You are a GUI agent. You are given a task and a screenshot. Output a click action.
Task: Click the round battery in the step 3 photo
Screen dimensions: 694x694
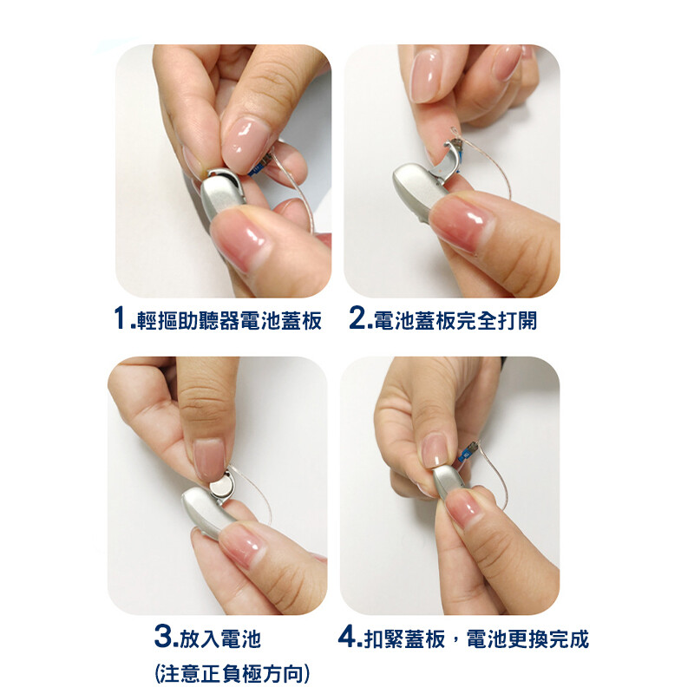(221, 487)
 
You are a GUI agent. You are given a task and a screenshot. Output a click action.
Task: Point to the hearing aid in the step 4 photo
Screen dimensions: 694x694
(450, 481)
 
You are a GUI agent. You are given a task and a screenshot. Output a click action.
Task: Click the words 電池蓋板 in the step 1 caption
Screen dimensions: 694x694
(280, 320)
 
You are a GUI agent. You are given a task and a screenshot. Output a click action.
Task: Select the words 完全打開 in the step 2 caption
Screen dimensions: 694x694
(496, 320)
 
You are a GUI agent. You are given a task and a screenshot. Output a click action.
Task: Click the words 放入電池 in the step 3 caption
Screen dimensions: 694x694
(220, 638)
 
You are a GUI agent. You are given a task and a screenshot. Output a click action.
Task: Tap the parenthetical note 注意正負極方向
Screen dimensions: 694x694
(232, 674)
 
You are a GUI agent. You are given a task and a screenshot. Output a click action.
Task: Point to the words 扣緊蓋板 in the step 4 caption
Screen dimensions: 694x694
(404, 638)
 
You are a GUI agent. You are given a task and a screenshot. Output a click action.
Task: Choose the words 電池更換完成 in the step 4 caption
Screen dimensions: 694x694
(527, 638)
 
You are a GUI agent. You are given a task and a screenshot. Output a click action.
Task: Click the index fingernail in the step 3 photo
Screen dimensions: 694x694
(209, 459)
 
